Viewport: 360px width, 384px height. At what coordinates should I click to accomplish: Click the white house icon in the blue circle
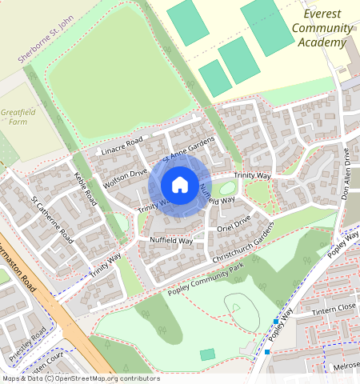click(x=180, y=186)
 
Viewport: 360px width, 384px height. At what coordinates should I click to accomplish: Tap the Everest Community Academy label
click(x=322, y=29)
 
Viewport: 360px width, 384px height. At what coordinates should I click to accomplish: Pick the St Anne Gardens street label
click(x=189, y=149)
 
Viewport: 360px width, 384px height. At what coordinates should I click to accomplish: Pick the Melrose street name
click(x=345, y=366)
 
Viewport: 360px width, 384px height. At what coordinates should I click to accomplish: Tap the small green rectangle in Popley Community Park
click(x=207, y=354)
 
